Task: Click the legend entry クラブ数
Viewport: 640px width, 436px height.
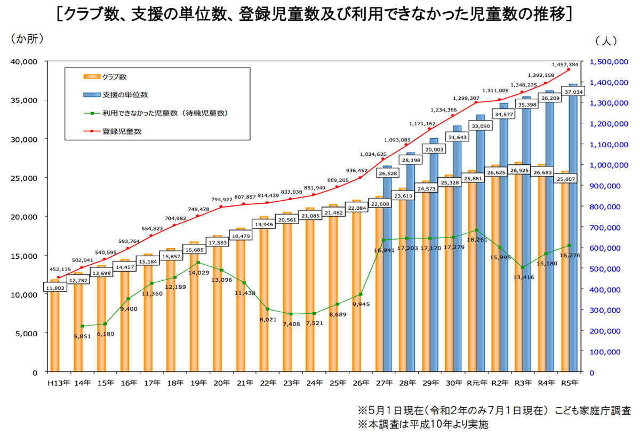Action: pyautogui.click(x=114, y=77)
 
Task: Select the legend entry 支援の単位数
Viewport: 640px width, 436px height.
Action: pyautogui.click(x=125, y=94)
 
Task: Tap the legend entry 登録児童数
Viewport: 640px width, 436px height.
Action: pyautogui.click(x=122, y=131)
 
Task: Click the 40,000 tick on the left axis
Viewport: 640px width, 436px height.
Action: pyautogui.click(x=24, y=61)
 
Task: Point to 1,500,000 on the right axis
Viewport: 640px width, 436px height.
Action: pyautogui.click(x=609, y=62)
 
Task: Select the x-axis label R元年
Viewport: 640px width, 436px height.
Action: pyautogui.click(x=476, y=383)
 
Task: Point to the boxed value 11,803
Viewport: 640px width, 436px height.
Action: pyautogui.click(x=55, y=288)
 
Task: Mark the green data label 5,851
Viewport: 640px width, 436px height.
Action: pyautogui.click(x=82, y=336)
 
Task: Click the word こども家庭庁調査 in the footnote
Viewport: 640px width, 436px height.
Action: pyautogui.click(x=592, y=411)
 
